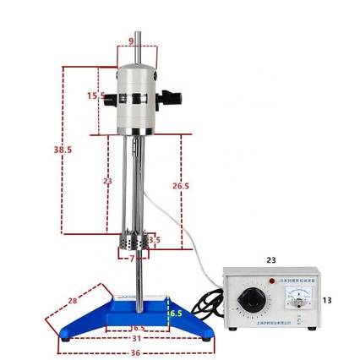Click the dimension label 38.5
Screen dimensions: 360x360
[x=63, y=150]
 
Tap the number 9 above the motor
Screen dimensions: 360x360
[x=131, y=41]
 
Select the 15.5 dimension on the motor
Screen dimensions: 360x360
[x=95, y=96]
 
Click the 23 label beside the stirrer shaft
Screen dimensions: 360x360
[x=107, y=181]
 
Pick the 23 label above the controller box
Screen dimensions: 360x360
[x=271, y=260]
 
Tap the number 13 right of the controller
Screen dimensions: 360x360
[x=328, y=299]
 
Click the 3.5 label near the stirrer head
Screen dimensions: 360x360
[x=154, y=241]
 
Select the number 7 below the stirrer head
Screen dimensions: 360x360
[x=131, y=259]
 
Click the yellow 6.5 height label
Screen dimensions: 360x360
[x=175, y=313]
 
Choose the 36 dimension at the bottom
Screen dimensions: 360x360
[x=134, y=352]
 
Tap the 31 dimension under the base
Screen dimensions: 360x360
[x=136, y=339]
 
